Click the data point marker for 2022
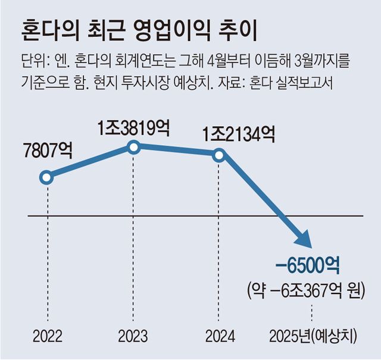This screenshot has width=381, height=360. [x=47, y=177]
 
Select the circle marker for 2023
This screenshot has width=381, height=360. [x=135, y=147]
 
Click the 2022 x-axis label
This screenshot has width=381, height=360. [x=48, y=336]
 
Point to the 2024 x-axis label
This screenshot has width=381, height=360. [x=220, y=336]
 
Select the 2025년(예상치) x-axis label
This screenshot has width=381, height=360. [x=313, y=336]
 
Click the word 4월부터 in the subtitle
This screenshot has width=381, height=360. [x=216, y=61]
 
